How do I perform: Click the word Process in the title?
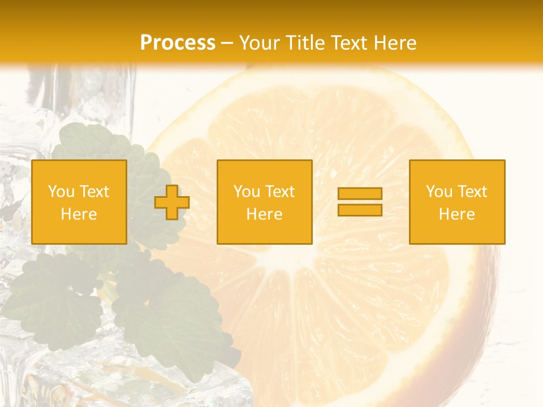tap(178, 43)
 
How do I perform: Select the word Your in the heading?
tap(258, 43)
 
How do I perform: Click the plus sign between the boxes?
tap(172, 202)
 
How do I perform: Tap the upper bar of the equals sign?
tap(360, 193)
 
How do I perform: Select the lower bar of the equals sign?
tap(360, 210)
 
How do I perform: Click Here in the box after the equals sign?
tap(457, 214)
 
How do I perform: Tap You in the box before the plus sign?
tap(61, 192)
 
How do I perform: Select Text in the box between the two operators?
tap(281, 192)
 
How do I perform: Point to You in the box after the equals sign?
tap(439, 192)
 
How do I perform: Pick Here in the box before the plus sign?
tap(79, 214)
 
